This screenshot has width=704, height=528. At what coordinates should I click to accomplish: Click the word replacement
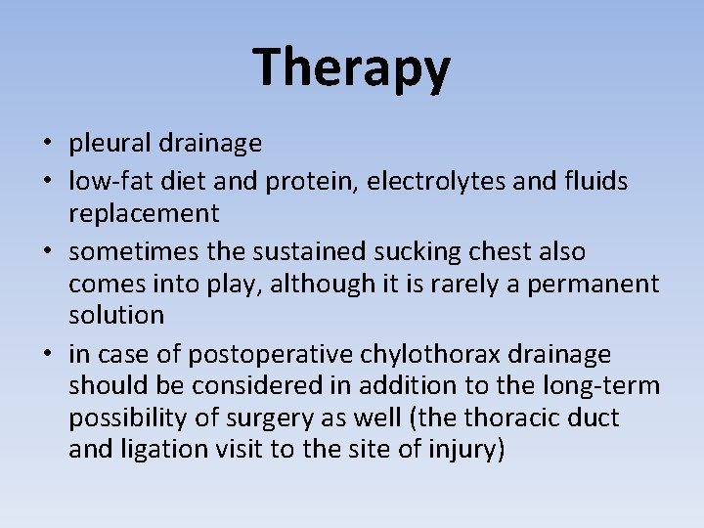pyautogui.click(x=144, y=213)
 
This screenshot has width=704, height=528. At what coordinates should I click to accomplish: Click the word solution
pyautogui.click(x=116, y=316)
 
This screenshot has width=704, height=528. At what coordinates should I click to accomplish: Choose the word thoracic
pyautogui.click(x=515, y=418)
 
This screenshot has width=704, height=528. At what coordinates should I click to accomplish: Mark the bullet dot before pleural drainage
pyautogui.click(x=47, y=145)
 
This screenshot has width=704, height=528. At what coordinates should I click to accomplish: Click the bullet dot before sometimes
pyautogui.click(x=47, y=252)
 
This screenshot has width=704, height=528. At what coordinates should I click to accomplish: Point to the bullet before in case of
pyautogui.click(x=47, y=354)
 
